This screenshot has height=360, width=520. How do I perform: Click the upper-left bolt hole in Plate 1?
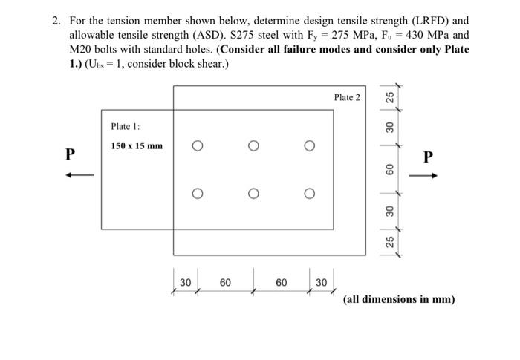198,146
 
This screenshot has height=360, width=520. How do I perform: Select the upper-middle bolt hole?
253,146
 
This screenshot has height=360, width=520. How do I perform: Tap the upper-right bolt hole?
308,146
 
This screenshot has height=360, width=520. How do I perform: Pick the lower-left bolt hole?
198,194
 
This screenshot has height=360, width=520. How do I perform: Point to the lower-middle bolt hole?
253,194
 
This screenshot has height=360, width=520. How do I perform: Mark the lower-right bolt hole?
308,194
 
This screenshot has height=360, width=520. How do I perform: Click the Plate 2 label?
346,97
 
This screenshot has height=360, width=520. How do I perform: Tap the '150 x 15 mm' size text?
137,145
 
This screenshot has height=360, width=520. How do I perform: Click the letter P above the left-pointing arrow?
71,154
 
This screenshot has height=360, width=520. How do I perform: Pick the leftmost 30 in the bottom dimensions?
186,282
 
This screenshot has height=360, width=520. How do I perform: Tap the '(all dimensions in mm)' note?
399,300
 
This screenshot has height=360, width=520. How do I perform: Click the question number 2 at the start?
56,21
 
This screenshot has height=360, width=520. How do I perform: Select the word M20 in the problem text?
82,49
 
